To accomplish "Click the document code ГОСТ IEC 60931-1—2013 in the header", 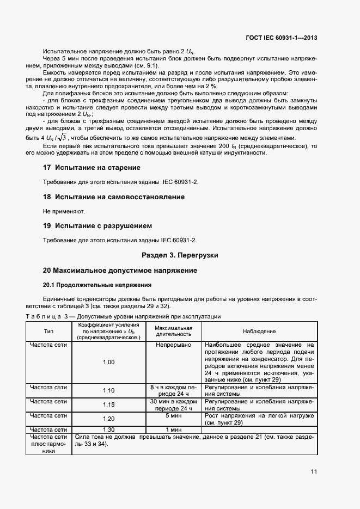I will tap(282, 38).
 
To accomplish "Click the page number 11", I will tap(314, 471).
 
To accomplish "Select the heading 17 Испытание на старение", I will tap(91, 168).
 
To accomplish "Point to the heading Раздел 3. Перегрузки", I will tap(180, 255).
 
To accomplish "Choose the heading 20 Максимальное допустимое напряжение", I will tap(120, 270).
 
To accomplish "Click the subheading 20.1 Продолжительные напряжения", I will tap(97, 285).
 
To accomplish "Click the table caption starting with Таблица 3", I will tap(124, 316).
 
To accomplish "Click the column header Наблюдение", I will tap(259, 331).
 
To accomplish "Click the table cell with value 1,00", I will tap(109, 362).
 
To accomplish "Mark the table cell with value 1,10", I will tap(109, 390).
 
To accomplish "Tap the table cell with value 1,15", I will tap(109, 404).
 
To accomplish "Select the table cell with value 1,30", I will tap(109, 430).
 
